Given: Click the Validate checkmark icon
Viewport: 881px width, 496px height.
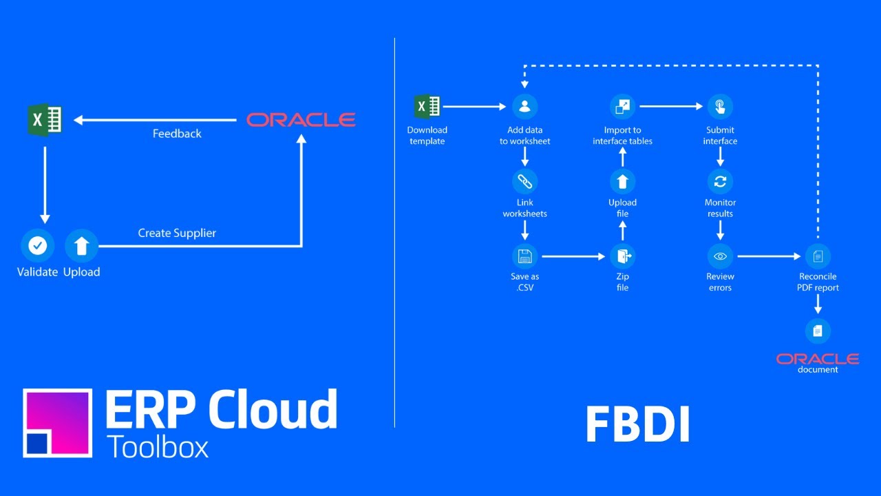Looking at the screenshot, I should pyautogui.click(x=37, y=245).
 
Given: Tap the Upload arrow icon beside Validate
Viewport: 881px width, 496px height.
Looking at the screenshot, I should pyautogui.click(x=81, y=245).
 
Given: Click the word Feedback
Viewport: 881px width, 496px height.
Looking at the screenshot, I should pyautogui.click(x=177, y=134).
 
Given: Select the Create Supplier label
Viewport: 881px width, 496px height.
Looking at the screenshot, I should pyautogui.click(x=177, y=233).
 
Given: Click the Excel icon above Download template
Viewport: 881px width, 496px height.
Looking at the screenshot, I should pyautogui.click(x=427, y=106).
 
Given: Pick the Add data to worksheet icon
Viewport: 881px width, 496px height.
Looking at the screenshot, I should pyautogui.click(x=524, y=106).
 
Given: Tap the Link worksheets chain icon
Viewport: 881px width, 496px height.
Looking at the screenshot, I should pyautogui.click(x=524, y=181).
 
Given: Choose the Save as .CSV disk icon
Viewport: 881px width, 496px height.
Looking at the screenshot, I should pyautogui.click(x=524, y=256).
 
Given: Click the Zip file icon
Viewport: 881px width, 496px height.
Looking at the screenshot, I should pyautogui.click(x=622, y=256).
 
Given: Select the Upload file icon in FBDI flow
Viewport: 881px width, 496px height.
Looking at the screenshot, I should pyautogui.click(x=622, y=181).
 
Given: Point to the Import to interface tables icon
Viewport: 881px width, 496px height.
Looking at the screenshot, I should pyautogui.click(x=622, y=106).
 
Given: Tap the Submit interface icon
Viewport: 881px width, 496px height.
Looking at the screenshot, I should pyautogui.click(x=720, y=106).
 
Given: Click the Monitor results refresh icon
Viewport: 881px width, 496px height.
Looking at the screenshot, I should pyautogui.click(x=720, y=181).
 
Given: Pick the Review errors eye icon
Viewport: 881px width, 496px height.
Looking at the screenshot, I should pyautogui.click(x=720, y=256).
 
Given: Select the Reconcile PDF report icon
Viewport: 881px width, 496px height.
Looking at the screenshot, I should pyautogui.click(x=818, y=256).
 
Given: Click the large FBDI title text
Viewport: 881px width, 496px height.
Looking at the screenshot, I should pyautogui.click(x=637, y=424).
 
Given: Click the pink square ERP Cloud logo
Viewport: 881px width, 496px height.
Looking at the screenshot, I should pyautogui.click(x=58, y=422).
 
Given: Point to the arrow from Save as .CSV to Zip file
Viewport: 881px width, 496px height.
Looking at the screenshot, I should pyautogui.click(x=573, y=256).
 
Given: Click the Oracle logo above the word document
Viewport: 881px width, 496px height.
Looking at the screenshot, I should pyautogui.click(x=818, y=359).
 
